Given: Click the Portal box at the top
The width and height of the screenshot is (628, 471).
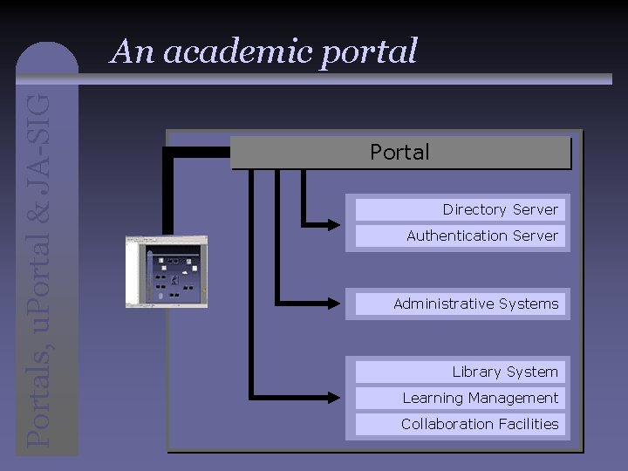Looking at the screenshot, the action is pyautogui.click(x=400, y=153).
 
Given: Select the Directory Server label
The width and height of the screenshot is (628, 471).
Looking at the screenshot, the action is pyautogui.click(x=500, y=209).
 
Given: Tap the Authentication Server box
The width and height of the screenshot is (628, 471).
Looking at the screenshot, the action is pyautogui.click(x=482, y=235).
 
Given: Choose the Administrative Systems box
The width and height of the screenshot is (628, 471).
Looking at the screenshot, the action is pyautogui.click(x=475, y=304).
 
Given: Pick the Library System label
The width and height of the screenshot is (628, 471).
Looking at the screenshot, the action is pyautogui.click(x=505, y=372).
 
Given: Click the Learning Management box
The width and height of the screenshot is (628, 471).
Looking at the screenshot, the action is pyautogui.click(x=480, y=398).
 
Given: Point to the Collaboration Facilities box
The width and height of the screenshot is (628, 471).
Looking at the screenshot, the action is pyautogui.click(x=480, y=424).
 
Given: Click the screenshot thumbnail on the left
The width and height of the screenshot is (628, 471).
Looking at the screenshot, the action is pyautogui.click(x=167, y=271).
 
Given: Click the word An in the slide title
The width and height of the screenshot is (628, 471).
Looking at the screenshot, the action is pyautogui.click(x=132, y=52).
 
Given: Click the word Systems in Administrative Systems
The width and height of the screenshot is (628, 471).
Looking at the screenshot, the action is pyautogui.click(x=531, y=304).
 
